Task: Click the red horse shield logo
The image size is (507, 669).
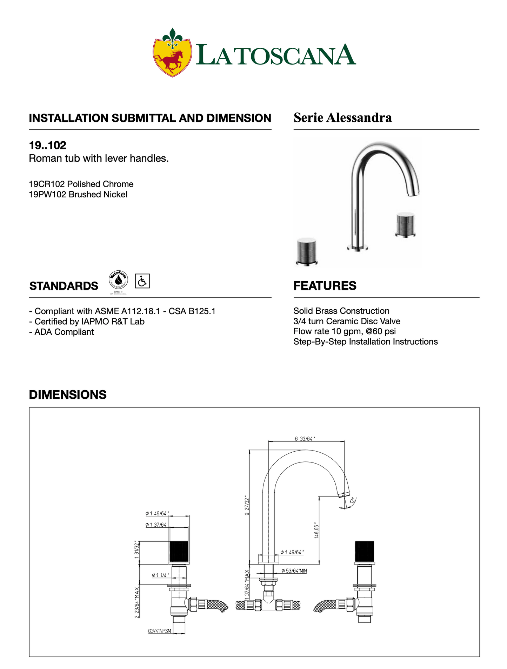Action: point(172,53)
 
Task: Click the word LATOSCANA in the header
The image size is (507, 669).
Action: point(276,55)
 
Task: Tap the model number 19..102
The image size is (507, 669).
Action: point(47,145)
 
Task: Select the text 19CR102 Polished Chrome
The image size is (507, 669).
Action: point(81,184)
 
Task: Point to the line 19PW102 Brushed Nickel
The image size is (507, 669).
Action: point(78,195)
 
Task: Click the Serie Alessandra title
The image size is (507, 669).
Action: point(342,117)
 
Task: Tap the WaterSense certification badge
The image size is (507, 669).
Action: point(118,281)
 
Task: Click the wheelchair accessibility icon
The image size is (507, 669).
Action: point(142,281)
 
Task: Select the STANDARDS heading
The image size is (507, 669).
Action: point(64,286)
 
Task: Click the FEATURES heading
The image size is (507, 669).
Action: point(325,286)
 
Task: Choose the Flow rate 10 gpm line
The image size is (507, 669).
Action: point(344,331)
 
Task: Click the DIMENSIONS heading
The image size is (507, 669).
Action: point(68,395)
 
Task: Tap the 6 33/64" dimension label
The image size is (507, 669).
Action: point(305,439)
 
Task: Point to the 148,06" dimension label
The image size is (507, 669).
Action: point(316,530)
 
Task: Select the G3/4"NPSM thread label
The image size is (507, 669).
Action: point(160,631)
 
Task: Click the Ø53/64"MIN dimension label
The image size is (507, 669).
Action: point(294,571)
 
